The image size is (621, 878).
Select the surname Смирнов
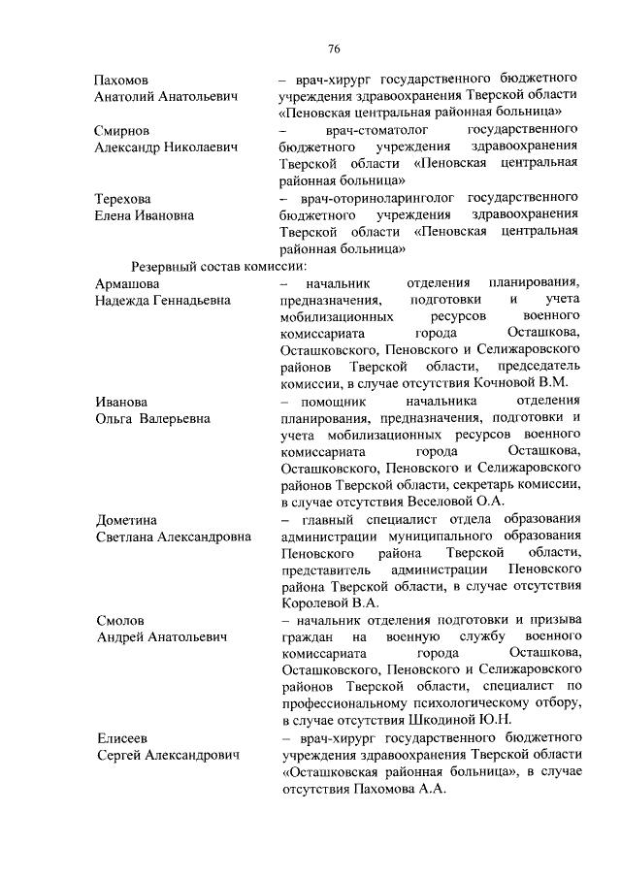122,129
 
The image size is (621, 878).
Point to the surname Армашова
127,282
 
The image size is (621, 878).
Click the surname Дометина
126,520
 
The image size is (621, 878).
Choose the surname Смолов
119,620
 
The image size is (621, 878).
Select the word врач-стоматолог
352,129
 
